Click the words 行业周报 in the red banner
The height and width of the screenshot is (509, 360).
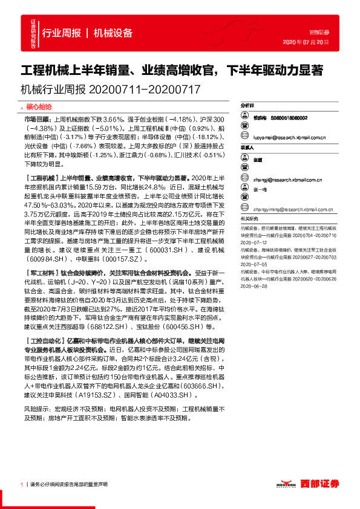coord(62,33)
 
